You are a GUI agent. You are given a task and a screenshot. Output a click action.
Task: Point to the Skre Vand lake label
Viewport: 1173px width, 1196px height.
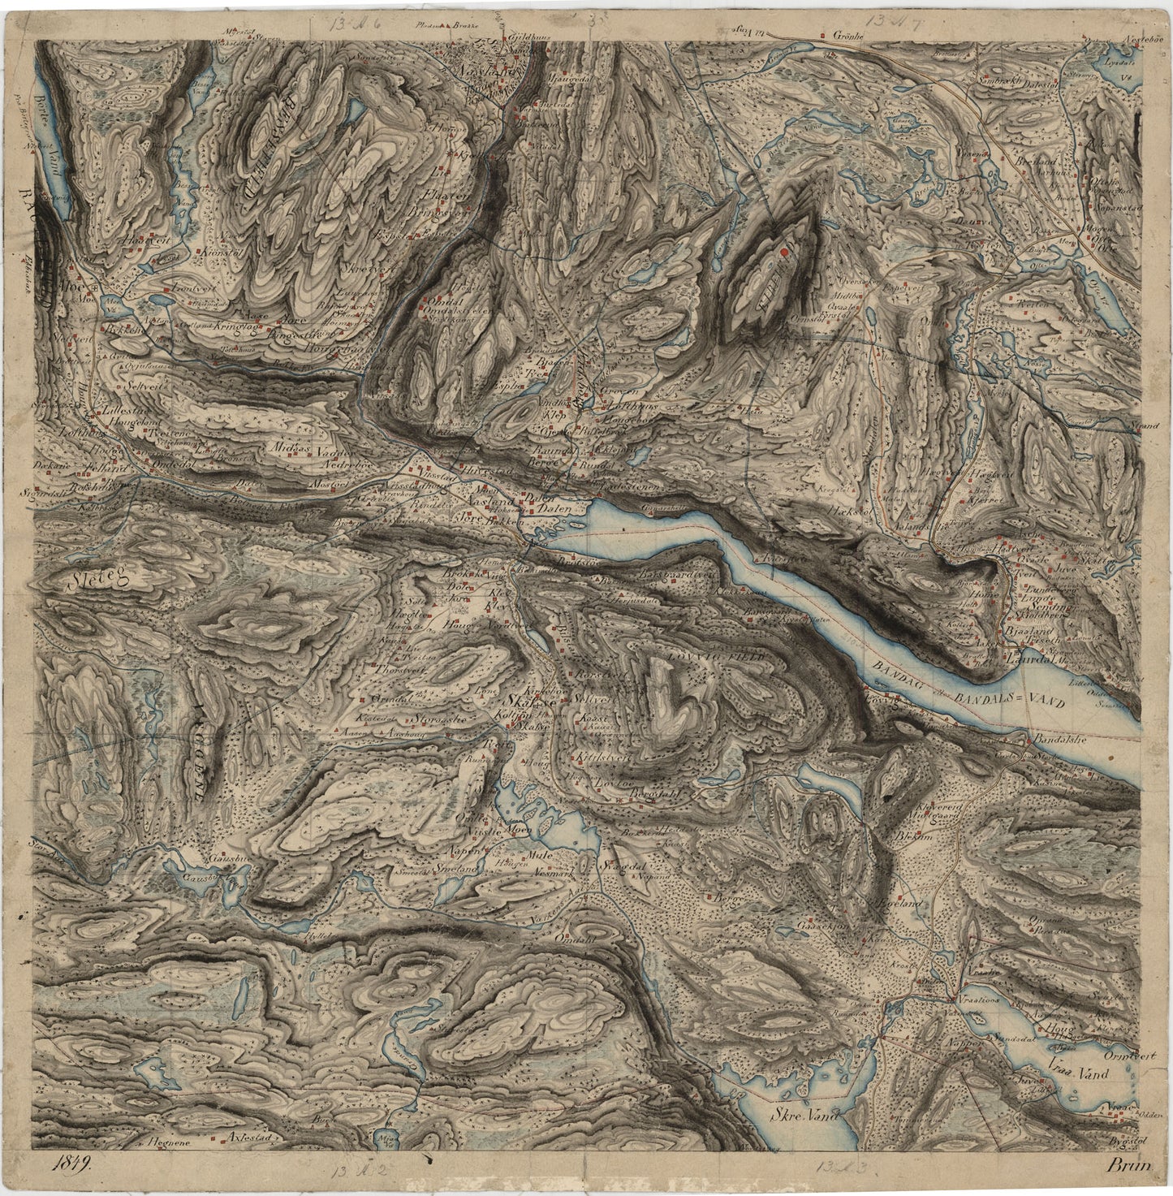pyautogui.click(x=800, y=1116)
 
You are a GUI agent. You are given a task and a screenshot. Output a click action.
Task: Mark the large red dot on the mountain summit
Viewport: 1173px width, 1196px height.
pyautogui.click(x=784, y=254)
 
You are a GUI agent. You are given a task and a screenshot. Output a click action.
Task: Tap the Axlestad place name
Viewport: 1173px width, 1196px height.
pyautogui.click(x=249, y=1137)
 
